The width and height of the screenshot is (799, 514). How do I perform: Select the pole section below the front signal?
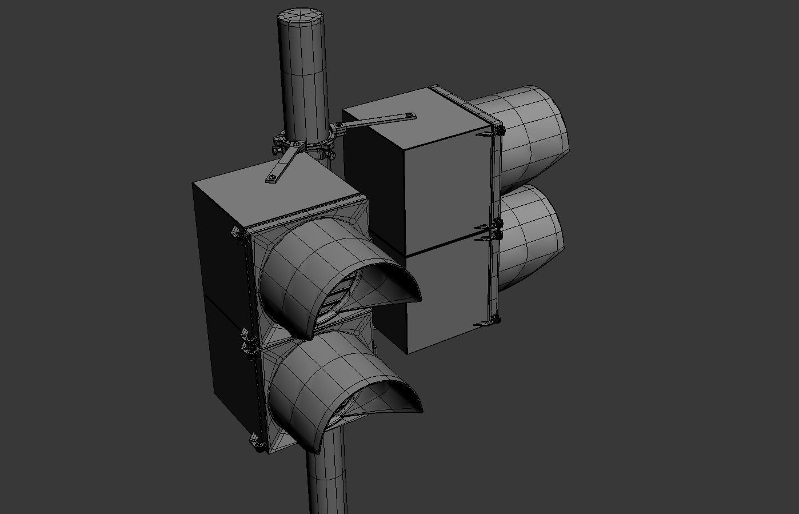[326, 480]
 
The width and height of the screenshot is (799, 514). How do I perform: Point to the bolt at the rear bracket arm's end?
[410, 116]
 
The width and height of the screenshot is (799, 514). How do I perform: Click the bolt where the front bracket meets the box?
[272, 179]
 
